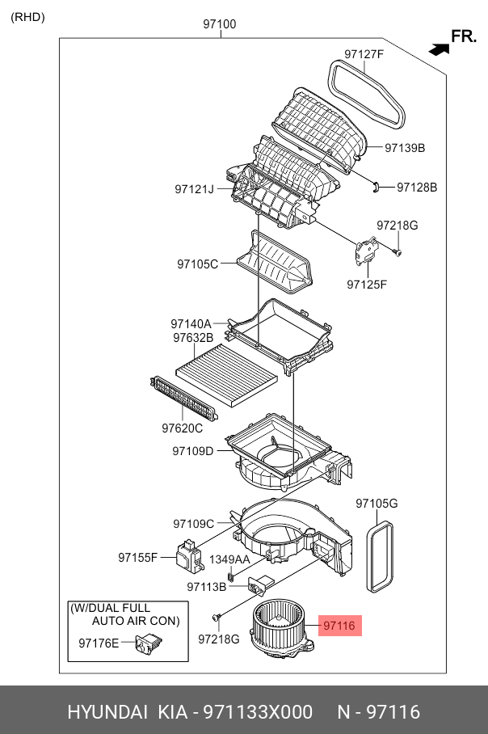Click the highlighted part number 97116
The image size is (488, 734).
tap(339, 625)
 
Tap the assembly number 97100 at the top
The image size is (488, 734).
tap(219, 24)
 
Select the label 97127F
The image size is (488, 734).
tap(364, 54)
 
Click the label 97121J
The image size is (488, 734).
tap(194, 189)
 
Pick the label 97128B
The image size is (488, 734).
tap(416, 187)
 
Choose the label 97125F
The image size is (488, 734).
tap(367, 284)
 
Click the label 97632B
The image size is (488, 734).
tap(192, 337)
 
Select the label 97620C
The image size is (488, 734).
tap(182, 428)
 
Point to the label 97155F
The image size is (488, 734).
tap(137, 557)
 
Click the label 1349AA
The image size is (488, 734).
tap(230, 559)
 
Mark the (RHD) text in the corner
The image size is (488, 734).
tap(28, 17)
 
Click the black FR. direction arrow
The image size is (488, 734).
tap(439, 49)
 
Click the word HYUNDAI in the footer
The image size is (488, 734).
tap(107, 712)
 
